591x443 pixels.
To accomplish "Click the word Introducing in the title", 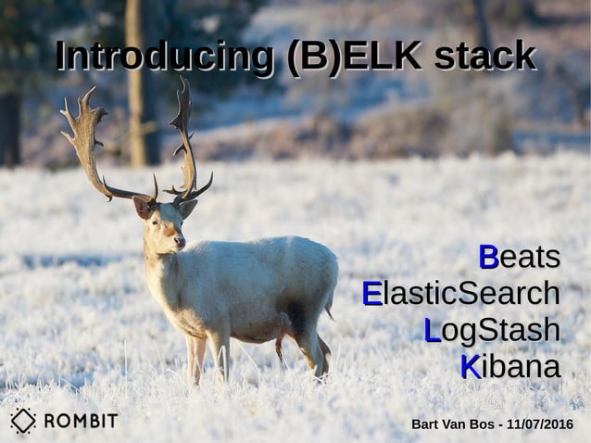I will point(165,57).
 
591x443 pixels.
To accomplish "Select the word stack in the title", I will point(484,57).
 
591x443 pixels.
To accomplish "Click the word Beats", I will point(520,257).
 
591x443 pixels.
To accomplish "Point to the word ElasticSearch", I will point(461,293).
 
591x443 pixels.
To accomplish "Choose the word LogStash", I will point(492,330).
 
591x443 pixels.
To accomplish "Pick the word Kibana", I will point(510,366).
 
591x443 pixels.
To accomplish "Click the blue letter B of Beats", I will point(488,257).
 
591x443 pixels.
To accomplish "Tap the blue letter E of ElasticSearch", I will point(371,293).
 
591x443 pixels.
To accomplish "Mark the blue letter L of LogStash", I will point(432,330).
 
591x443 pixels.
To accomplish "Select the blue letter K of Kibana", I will point(471,366).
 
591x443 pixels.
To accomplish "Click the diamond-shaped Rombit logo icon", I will point(23,421).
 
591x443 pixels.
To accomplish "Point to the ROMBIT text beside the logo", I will point(81,421).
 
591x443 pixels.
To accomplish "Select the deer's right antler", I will point(185,139).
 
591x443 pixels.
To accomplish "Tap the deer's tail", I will point(330,301).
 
